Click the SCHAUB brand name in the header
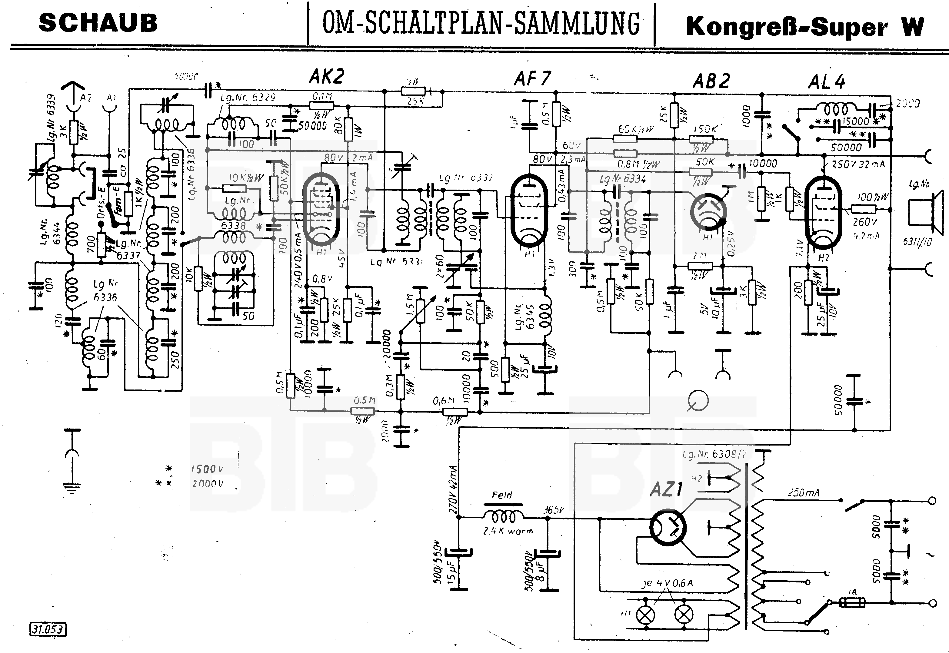click(x=98, y=23)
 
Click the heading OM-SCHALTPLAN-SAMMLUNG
click(x=481, y=24)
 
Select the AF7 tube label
click(x=532, y=78)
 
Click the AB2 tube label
click(x=711, y=81)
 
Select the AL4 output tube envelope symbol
click(x=823, y=212)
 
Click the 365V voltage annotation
click(x=553, y=510)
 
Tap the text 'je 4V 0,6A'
click(x=667, y=583)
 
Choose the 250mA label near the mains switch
click(x=803, y=493)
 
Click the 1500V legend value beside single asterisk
click(x=208, y=469)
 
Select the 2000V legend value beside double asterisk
click(x=208, y=484)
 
